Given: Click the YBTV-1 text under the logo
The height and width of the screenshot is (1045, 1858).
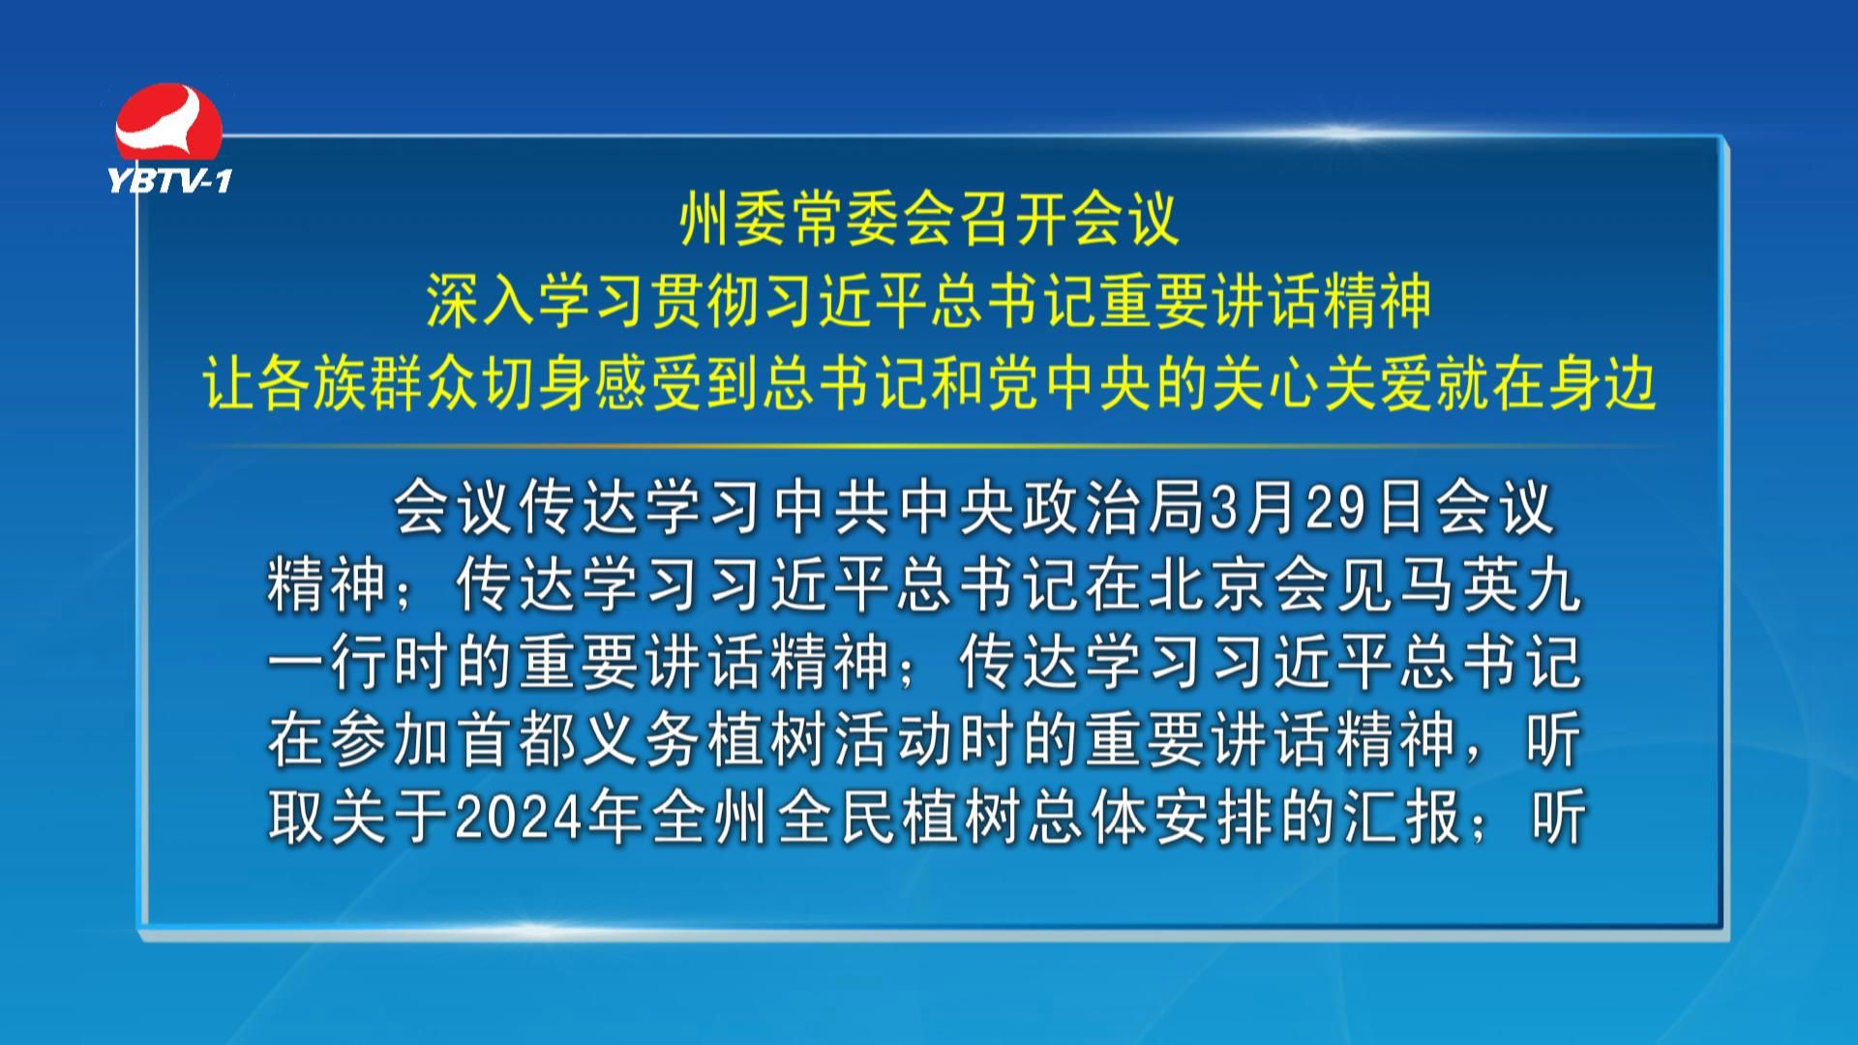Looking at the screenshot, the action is [170, 179].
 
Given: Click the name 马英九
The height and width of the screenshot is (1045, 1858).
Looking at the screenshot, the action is [1491, 586].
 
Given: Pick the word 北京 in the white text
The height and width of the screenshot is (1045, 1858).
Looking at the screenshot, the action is [1209, 586].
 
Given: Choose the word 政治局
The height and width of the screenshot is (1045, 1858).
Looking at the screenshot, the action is [1114, 509].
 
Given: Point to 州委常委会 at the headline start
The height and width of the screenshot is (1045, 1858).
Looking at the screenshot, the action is [802, 220].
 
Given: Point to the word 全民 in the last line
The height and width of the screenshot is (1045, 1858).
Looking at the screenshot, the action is [834, 819].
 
